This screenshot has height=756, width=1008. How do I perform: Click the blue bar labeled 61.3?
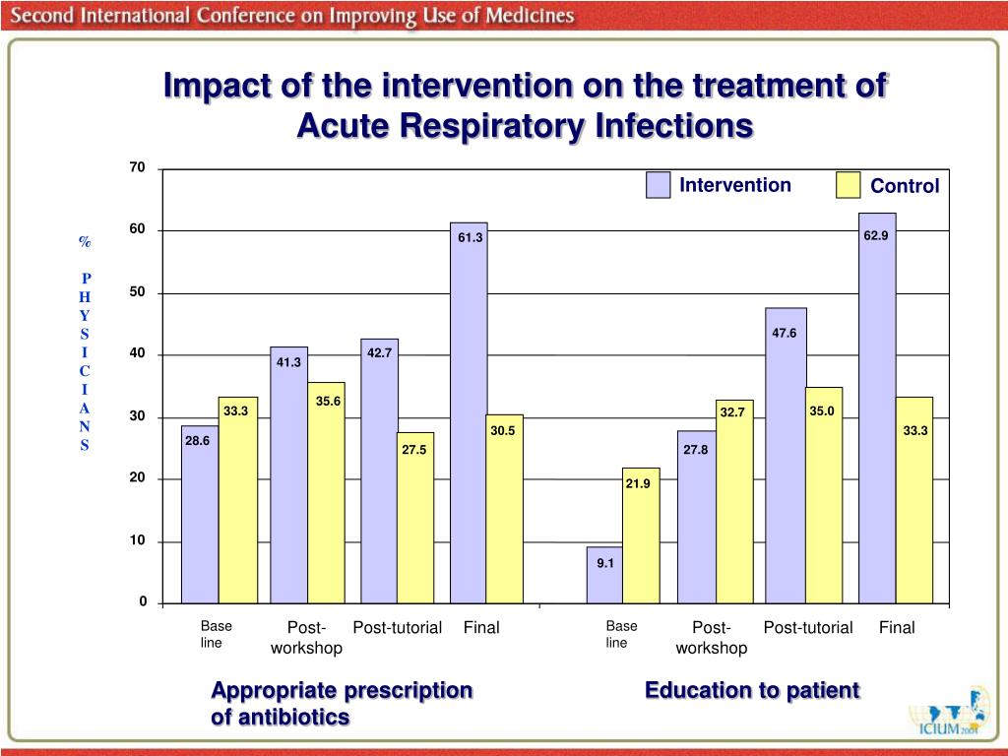469,413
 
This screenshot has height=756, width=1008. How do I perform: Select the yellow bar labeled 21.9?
640,535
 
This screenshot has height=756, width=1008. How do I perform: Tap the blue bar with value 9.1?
604,575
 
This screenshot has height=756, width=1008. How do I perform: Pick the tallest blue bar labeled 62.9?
877,409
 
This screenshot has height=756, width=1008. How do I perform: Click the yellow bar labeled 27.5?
414,518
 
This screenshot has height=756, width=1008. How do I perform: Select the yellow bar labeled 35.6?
326,492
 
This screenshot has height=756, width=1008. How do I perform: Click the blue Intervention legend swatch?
658,185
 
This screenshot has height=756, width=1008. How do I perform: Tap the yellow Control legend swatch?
848,185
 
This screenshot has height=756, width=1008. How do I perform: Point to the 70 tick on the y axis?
137,168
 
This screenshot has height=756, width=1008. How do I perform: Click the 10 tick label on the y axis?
137,540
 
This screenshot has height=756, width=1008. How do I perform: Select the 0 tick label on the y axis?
142,601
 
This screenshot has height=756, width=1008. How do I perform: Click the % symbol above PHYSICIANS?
85,242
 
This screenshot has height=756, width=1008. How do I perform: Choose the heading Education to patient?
752,690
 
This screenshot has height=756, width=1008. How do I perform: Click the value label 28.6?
198,441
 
